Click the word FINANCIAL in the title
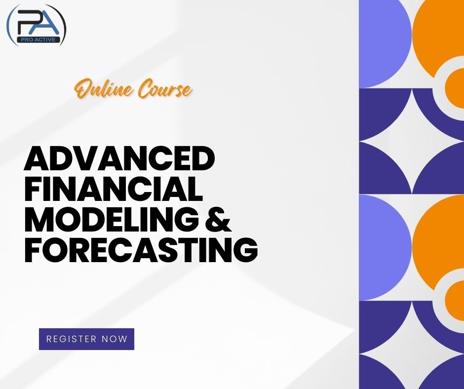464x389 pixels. point(114,190)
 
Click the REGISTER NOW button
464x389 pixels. point(86,339)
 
